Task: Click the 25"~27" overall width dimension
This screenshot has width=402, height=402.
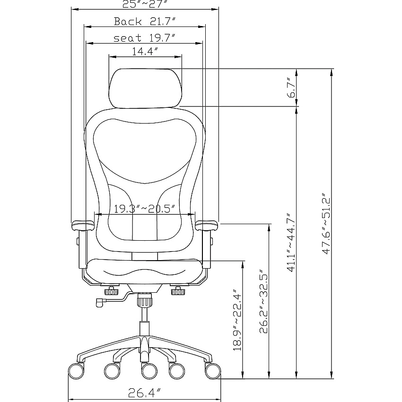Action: pyautogui.click(x=145, y=4)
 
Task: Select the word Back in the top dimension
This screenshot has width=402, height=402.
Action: pyautogui.click(x=128, y=21)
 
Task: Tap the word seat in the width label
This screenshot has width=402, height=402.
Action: pyautogui.click(x=127, y=38)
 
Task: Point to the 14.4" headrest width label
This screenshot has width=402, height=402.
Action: pyautogui.click(x=145, y=51)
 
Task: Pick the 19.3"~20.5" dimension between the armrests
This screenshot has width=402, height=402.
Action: pyautogui.click(x=145, y=209)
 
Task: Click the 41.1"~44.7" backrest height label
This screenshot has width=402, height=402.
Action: pyautogui.click(x=291, y=242)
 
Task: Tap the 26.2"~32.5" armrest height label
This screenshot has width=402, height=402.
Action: pyautogui.click(x=263, y=301)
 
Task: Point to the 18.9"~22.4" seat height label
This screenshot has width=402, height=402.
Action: pyautogui.click(x=237, y=321)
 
